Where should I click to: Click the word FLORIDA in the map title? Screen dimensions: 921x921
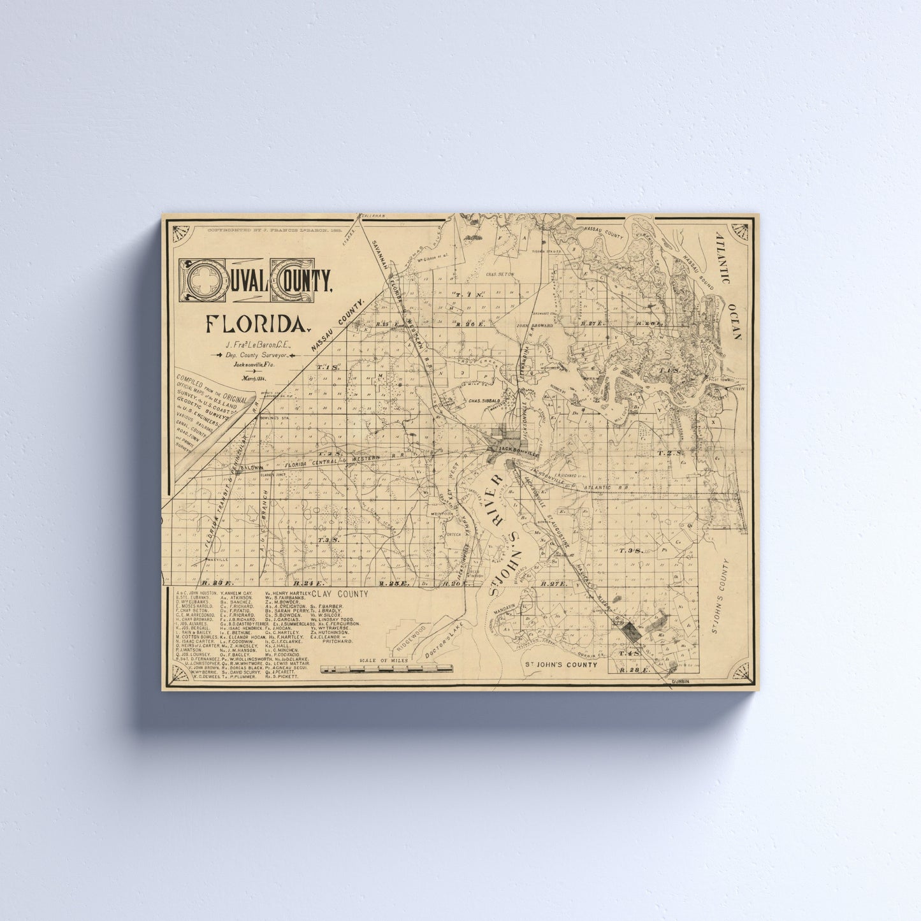(x=254, y=324)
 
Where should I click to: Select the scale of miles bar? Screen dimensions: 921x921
(x=387, y=669)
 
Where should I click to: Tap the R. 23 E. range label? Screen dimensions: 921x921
(x=390, y=583)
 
